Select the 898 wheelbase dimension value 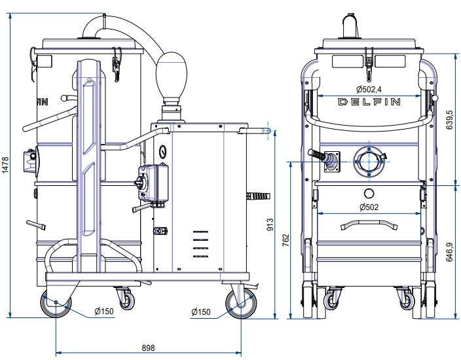click(x=148, y=348)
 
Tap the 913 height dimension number click(x=270, y=225)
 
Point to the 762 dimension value click(x=286, y=240)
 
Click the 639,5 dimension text click(x=449, y=120)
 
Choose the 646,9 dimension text click(x=449, y=252)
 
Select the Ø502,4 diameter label click(x=369, y=89)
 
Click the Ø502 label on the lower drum click(x=369, y=207)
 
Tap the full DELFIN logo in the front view click(x=369, y=101)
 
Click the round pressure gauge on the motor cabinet click(x=162, y=152)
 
